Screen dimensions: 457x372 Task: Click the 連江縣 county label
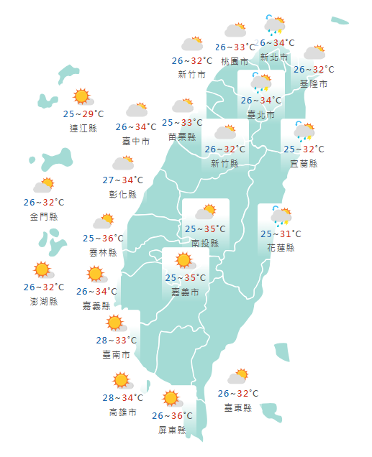tap(83, 129)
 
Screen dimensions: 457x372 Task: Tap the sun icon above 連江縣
tap(82, 96)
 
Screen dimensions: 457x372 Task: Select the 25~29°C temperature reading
tap(83, 114)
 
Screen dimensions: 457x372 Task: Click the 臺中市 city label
tap(136, 142)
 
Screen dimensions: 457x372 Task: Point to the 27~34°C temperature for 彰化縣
tap(123, 180)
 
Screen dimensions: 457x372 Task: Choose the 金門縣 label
tap(44, 216)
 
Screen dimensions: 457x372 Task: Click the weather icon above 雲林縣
tap(104, 221)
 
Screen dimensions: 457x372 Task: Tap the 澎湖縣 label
tap(44, 301)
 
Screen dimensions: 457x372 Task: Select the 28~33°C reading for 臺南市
tap(116, 340)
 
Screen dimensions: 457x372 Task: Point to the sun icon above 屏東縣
tap(171, 398)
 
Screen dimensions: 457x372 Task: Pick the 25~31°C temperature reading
tap(281, 234)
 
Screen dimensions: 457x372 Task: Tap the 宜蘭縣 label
tap(304, 163)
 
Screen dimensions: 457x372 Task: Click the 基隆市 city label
tap(314, 84)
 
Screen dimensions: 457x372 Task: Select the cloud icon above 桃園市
tap(235, 30)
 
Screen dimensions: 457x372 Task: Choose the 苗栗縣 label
tap(182, 137)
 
